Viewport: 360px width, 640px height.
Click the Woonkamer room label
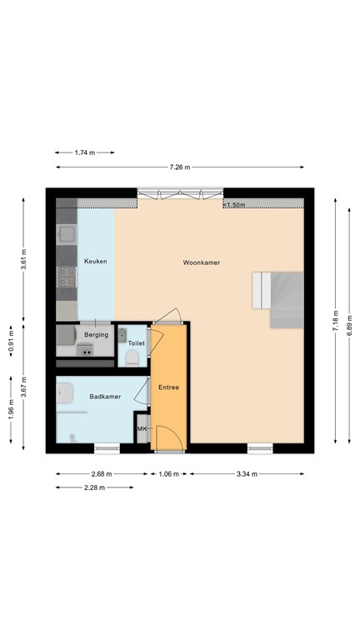tap(201, 262)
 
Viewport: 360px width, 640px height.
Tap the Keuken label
tap(96, 261)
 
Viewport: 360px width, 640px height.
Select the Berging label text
tap(97, 335)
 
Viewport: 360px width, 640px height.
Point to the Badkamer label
tap(105, 397)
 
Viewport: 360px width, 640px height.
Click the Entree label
tap(168, 387)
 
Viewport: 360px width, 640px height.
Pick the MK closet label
tap(142, 429)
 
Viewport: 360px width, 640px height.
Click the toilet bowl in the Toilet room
tap(132, 359)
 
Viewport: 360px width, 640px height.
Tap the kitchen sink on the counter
tap(66, 235)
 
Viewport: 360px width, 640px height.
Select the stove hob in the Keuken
tap(67, 277)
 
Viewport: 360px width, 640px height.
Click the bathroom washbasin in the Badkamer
tap(64, 393)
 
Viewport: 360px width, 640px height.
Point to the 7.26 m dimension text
tap(180, 167)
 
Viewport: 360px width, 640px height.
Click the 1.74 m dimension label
tap(84, 152)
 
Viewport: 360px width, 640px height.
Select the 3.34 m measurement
tap(247, 474)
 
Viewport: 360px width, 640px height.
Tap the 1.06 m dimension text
tap(168, 474)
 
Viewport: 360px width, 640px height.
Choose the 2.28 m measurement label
tap(94, 487)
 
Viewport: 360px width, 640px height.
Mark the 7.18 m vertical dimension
tap(336, 321)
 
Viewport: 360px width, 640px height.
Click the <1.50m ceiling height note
tap(234, 205)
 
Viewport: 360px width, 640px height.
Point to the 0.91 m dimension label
tap(11, 341)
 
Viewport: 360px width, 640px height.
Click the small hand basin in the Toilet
tap(122, 335)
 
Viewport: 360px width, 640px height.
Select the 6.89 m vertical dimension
tap(349, 325)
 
